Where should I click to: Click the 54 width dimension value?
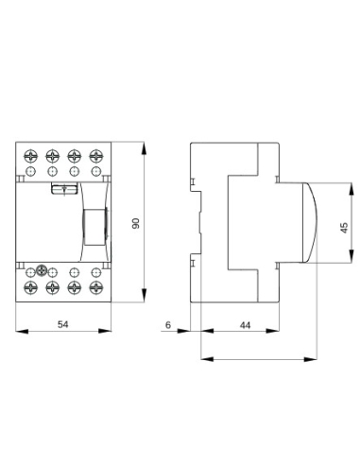click(63, 324)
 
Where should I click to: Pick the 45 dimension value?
click(344, 227)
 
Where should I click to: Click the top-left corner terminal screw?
click(31, 155)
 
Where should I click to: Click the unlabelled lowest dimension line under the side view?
click(255, 359)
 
